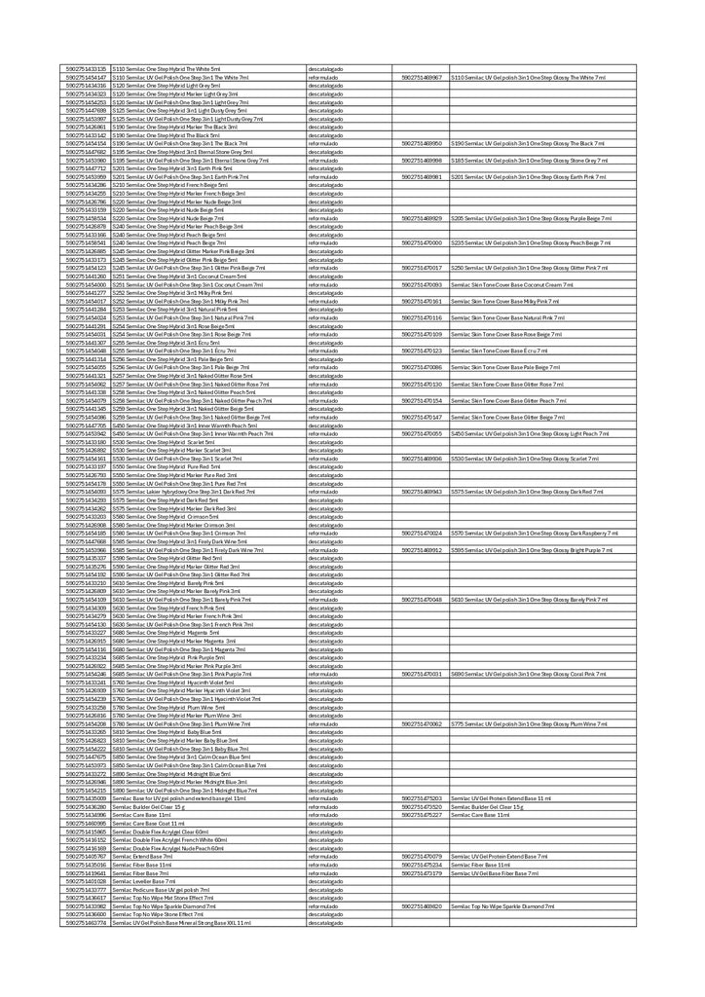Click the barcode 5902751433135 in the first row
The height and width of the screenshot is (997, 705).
pyautogui.click(x=87, y=69)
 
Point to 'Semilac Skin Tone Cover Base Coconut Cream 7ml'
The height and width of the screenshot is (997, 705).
pyautogui.click(x=505, y=284)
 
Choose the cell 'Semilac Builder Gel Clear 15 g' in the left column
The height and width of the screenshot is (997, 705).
pyautogui.click(x=148, y=807)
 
